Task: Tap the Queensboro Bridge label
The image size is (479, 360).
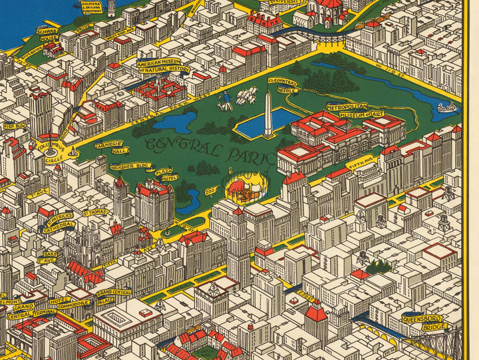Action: click(424, 322)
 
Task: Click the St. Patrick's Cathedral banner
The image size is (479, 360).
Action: click(61, 222)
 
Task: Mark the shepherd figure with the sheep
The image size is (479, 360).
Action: click(228, 100)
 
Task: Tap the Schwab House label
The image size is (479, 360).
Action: click(48, 35)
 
